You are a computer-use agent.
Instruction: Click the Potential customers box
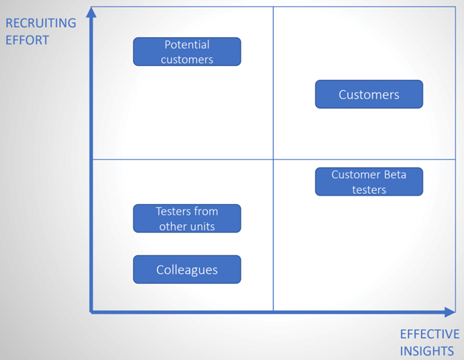pyautogui.click(x=187, y=52)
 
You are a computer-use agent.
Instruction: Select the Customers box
pyautogui.click(x=369, y=94)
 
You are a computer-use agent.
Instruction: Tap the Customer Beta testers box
pyautogui.click(x=369, y=182)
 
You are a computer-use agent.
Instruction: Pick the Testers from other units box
pyautogui.click(x=187, y=218)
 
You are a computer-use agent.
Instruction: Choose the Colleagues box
pyautogui.click(x=187, y=269)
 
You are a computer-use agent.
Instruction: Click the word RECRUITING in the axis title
pyautogui.click(x=41, y=23)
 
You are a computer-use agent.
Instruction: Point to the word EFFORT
pyautogui.click(x=27, y=40)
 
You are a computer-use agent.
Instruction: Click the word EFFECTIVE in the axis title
pyautogui.click(x=430, y=334)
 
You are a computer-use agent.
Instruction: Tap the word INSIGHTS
pyautogui.click(x=427, y=351)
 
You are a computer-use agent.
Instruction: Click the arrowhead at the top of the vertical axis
pyautogui.click(x=91, y=12)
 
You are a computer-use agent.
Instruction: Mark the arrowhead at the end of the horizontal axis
pyautogui.click(x=450, y=312)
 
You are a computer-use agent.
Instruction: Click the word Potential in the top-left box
pyautogui.click(x=187, y=44)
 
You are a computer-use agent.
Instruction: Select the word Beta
pyautogui.click(x=395, y=175)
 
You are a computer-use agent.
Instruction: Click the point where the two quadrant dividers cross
pyautogui.click(x=273, y=160)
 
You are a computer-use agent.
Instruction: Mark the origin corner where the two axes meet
pyautogui.click(x=91, y=312)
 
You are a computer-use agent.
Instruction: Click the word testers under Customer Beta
pyautogui.click(x=369, y=189)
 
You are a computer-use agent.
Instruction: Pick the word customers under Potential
pyautogui.click(x=187, y=60)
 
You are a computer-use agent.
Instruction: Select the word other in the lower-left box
pyautogui.click(x=173, y=226)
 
